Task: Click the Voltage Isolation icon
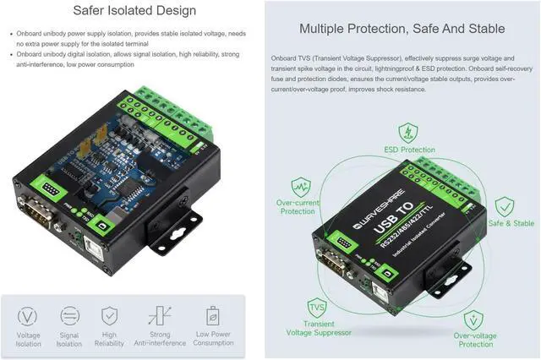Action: [28, 316]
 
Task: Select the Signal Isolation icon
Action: [69, 316]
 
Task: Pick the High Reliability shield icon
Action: [109, 316]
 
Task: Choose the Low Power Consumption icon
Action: [212, 316]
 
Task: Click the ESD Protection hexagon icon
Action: [409, 133]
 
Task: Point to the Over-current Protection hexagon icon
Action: [301, 187]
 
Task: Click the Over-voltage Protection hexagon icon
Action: [473, 321]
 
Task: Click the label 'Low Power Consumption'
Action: [212, 339]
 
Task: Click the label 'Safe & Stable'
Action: [511, 223]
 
